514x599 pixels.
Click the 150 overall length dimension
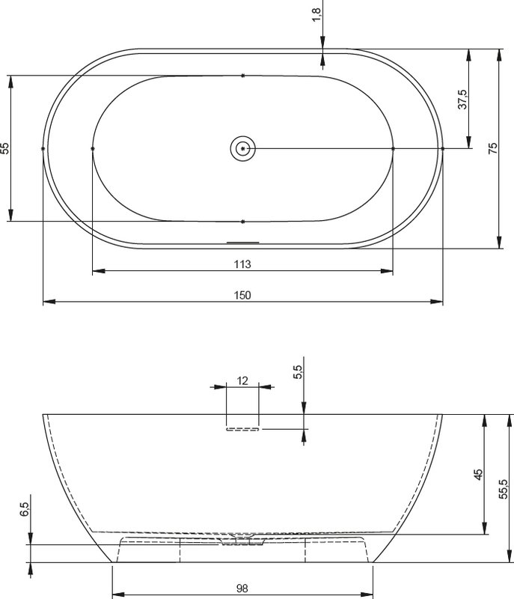point(242,295)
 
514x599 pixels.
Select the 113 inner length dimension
point(242,264)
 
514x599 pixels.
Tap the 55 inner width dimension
point(4,148)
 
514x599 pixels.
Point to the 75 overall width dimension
point(493,148)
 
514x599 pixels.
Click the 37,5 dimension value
point(462,100)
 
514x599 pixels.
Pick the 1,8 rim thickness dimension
point(316,15)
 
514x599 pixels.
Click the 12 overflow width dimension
point(242,381)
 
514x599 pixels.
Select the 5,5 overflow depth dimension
point(298,371)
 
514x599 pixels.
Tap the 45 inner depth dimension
point(478,475)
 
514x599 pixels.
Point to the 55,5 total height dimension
point(504,489)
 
